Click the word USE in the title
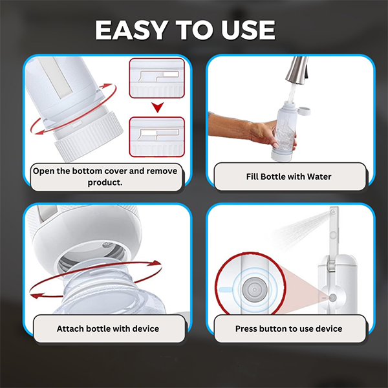[246, 30]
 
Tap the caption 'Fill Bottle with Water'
[288, 176]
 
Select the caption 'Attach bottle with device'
[107, 329]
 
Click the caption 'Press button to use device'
[288, 329]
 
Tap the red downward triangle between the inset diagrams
[156, 107]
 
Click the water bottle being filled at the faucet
[283, 129]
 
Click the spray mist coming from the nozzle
[301, 226]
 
